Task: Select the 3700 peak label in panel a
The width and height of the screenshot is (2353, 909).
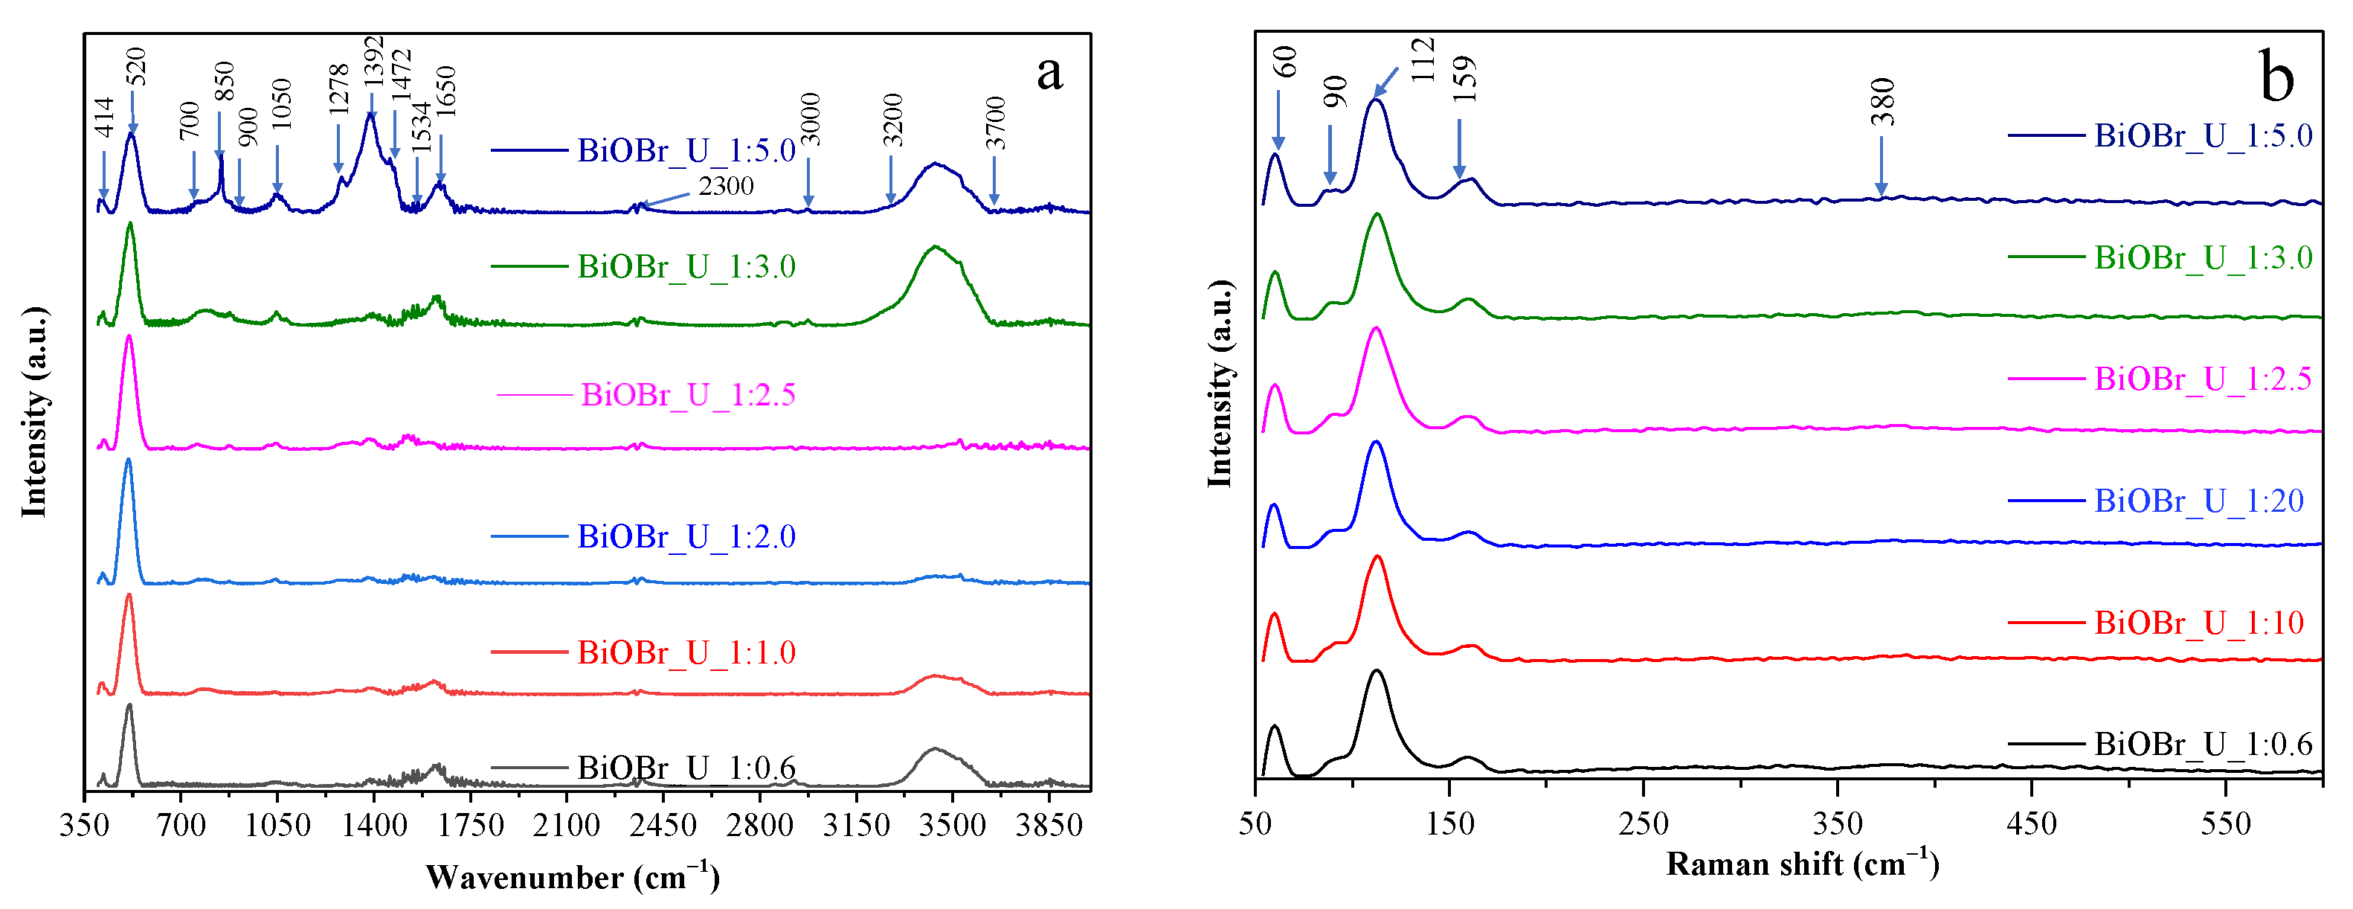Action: pos(996,123)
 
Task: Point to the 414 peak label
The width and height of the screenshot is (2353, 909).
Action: pos(104,118)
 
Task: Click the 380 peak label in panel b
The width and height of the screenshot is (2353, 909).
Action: pos(1882,103)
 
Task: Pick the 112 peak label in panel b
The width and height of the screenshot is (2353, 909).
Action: pos(1423,60)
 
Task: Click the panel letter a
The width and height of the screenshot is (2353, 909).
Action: pos(1049,73)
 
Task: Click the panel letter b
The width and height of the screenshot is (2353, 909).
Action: pos(2276,76)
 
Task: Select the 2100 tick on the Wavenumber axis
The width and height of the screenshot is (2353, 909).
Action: pos(567,826)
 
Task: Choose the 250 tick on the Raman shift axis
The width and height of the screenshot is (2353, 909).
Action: pos(1644,824)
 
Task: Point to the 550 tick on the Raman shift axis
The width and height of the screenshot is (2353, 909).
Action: pos(2225,824)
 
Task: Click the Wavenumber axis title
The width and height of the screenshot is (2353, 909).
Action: pos(573,878)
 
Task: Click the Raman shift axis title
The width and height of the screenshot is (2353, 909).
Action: pos(1802,864)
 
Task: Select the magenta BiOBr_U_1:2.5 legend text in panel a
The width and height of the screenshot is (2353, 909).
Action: pos(689,395)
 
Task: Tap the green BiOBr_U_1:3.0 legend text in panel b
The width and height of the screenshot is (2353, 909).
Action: pos(2202,257)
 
